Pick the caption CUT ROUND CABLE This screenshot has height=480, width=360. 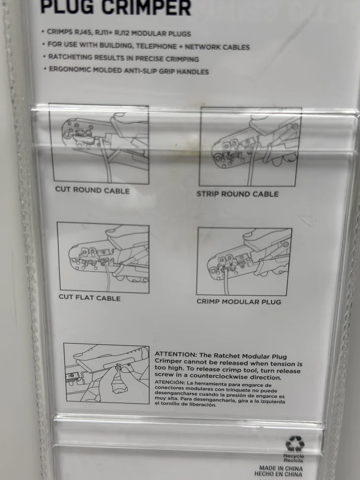(93, 190)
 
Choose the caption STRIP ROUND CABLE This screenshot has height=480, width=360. (238, 194)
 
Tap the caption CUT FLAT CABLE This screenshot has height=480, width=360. (89, 298)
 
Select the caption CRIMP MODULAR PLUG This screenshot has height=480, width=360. (239, 301)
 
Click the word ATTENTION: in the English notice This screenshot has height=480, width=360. (176, 355)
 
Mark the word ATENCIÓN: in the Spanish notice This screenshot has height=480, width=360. (169, 383)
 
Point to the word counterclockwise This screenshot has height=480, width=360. (219, 377)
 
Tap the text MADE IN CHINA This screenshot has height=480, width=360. (281, 468)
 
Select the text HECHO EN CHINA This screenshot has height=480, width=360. (278, 474)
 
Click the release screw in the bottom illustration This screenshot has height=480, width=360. (118, 367)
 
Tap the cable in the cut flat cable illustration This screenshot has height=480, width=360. (107, 276)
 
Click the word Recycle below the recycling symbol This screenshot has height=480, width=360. (293, 456)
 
